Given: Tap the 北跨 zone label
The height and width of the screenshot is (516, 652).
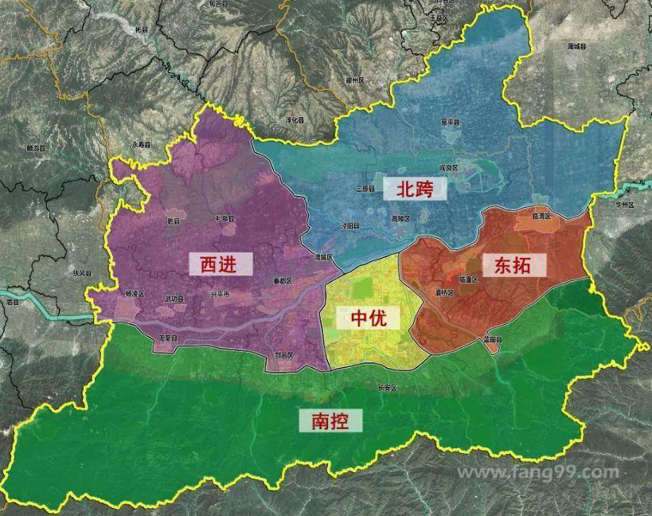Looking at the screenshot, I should tap(415, 189).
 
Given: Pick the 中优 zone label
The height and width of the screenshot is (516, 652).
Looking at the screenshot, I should tap(368, 319).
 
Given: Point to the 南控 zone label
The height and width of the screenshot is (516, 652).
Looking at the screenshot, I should tap(330, 420).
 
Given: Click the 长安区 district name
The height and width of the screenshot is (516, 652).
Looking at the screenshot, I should tap(388, 388).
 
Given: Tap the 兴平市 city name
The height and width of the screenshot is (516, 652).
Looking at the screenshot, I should tap(219, 294).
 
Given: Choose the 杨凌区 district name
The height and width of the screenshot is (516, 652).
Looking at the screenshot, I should tap(135, 293).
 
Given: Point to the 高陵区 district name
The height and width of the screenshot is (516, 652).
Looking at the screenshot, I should tap(400, 218).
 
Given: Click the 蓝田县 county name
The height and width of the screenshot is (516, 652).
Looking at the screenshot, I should tap(492, 340).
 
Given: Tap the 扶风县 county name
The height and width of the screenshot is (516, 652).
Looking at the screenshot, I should tap(83, 272).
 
